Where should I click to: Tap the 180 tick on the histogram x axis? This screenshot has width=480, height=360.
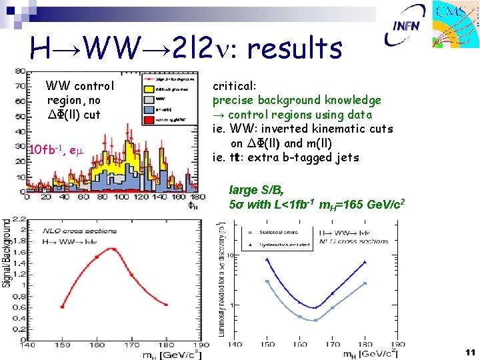[193, 198]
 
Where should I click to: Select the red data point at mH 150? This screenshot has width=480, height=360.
[61, 307]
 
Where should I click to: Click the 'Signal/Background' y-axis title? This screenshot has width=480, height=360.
[7, 253]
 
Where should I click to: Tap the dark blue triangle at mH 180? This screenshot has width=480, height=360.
[365, 262]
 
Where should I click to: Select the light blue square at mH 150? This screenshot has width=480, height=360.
[267, 281]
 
